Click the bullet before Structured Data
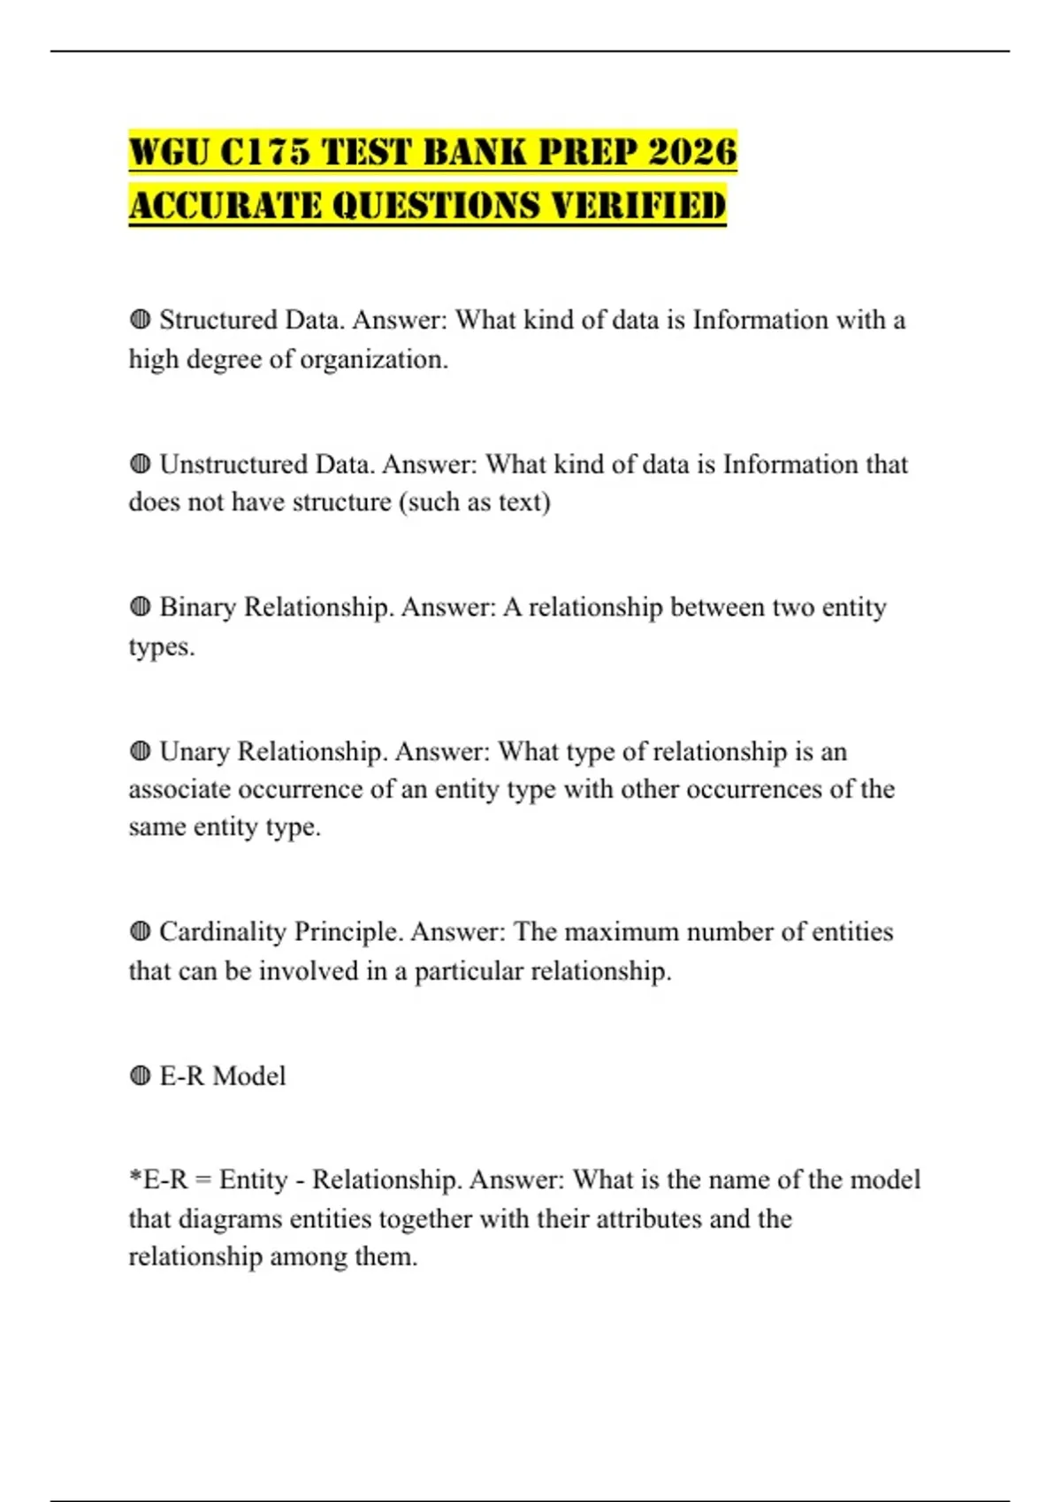140,320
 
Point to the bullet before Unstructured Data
140,464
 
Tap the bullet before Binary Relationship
140,607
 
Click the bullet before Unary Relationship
140,751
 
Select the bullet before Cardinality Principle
140,931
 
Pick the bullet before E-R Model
140,1076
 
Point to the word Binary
197,608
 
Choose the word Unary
195,752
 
